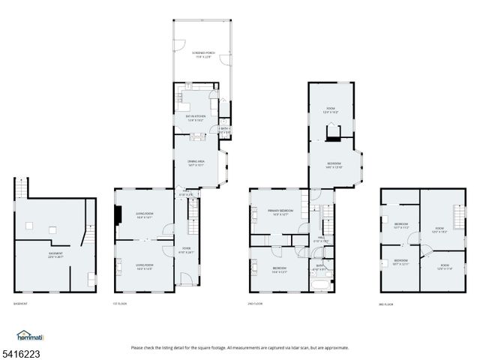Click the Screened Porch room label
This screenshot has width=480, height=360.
click(x=202, y=54)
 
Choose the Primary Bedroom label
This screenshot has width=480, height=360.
click(x=279, y=212)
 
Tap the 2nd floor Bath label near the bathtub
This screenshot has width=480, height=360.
click(x=319, y=266)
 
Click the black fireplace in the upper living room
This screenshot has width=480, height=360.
click(x=118, y=216)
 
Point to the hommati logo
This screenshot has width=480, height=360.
click(x=29, y=336)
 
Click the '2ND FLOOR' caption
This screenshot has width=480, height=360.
click(x=255, y=304)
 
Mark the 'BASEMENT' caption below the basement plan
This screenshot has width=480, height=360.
click(x=20, y=304)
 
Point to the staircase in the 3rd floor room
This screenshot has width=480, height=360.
click(x=457, y=211)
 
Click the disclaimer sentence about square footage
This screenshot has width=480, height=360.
click(x=239, y=347)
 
